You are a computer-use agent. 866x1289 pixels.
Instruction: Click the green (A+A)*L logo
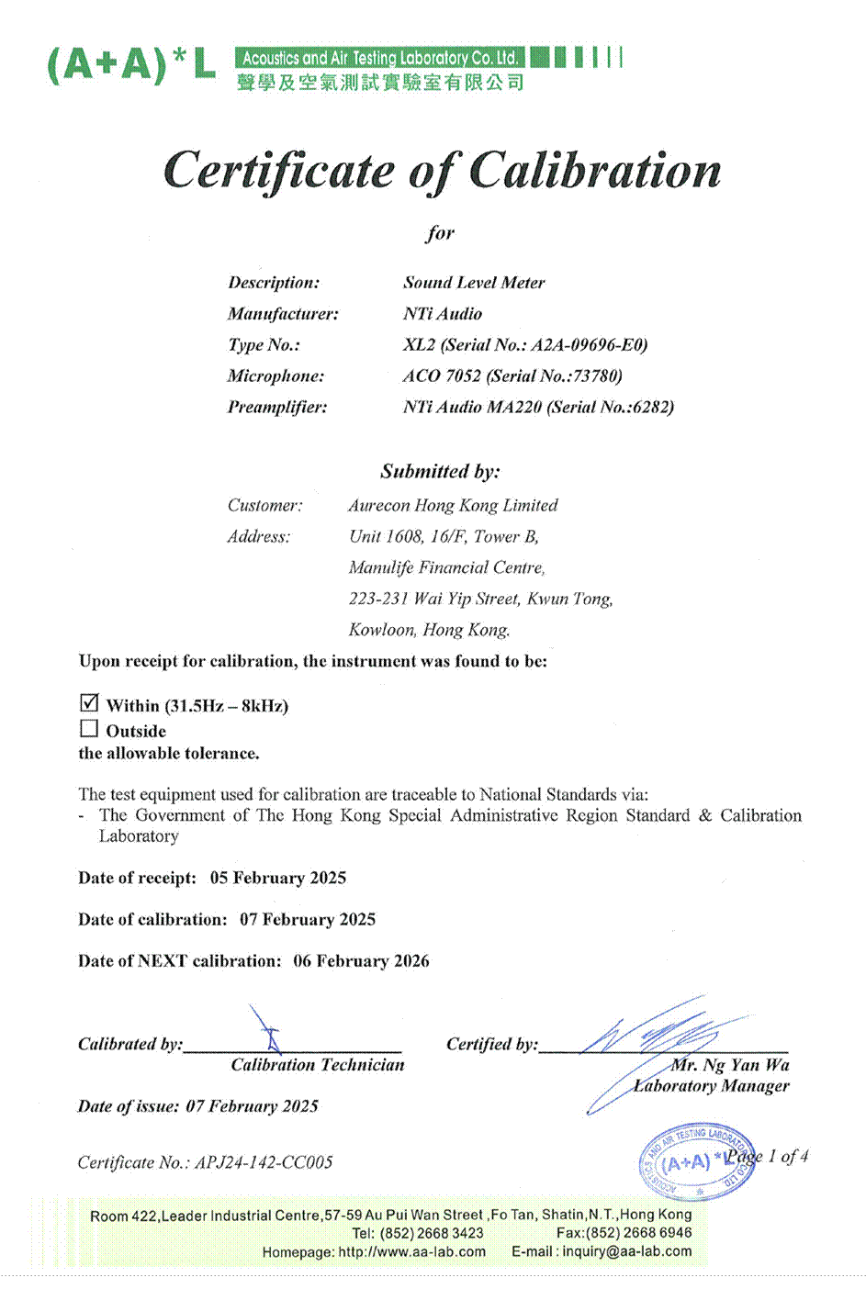(x=131, y=64)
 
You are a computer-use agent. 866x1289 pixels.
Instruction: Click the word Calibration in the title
(x=595, y=171)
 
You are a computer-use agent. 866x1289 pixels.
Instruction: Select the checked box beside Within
(x=89, y=703)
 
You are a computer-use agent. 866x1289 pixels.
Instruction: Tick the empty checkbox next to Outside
(x=89, y=729)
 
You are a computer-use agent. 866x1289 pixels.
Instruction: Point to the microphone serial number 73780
(x=596, y=376)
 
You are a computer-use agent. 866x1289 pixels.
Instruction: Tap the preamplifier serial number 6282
(x=650, y=408)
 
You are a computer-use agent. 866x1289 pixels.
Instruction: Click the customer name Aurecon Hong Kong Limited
(x=453, y=506)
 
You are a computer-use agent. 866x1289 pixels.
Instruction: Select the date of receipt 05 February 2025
(x=278, y=878)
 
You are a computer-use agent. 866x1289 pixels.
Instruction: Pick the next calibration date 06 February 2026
(x=361, y=961)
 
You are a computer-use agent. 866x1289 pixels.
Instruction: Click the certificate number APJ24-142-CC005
(x=264, y=1162)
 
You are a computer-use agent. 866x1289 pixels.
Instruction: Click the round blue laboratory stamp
(x=695, y=1161)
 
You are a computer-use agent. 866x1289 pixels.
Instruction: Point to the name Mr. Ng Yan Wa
(x=730, y=1065)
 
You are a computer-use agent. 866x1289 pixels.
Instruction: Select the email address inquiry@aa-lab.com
(x=627, y=1251)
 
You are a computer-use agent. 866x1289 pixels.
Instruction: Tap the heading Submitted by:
(x=441, y=472)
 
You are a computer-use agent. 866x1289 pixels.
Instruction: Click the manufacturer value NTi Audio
(x=442, y=314)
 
